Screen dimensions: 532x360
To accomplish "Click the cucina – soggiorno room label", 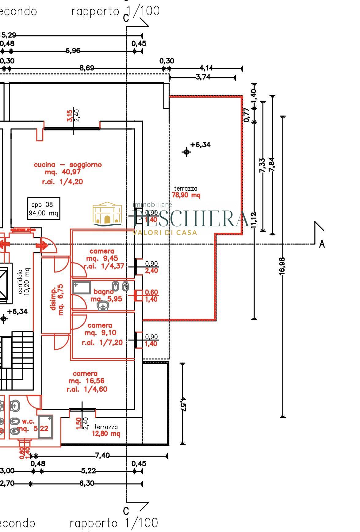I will (67, 165).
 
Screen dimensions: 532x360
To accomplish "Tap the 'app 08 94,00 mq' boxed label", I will (44, 209).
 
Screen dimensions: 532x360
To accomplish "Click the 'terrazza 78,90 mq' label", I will (186, 192).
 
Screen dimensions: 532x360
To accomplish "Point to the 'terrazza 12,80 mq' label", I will (106, 430).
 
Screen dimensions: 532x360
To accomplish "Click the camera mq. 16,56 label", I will (86, 381).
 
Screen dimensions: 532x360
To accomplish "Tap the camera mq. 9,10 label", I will (101, 333).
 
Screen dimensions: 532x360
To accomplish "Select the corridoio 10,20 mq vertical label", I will (24, 282).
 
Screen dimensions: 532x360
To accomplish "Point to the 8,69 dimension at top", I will (87, 68).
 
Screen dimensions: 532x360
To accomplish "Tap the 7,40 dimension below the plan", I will (102, 456).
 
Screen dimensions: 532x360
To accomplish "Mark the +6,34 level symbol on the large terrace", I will (186, 151).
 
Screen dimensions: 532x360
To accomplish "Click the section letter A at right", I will (322, 244).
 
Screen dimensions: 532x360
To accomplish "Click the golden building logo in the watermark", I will (107, 214).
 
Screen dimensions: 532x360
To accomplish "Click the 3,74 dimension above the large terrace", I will (203, 77).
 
